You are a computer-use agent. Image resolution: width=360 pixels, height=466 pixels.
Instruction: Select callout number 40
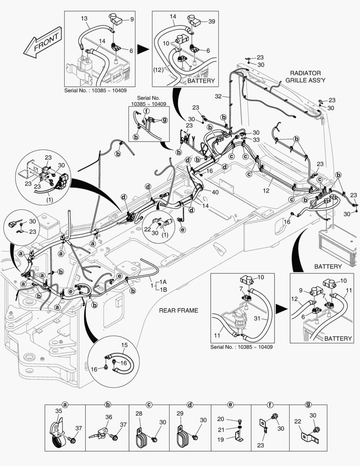tap(214, 192)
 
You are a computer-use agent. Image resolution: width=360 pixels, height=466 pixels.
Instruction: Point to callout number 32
tap(218, 96)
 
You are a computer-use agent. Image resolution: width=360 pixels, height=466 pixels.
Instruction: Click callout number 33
tap(256, 140)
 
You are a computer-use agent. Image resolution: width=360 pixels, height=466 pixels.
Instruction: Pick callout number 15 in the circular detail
tap(124, 345)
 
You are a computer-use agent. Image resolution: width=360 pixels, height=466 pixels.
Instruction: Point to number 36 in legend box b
tap(108, 417)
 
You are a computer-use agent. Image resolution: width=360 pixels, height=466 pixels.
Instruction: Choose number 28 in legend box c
tap(139, 414)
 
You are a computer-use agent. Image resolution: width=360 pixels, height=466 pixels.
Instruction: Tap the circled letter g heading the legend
tap(308, 405)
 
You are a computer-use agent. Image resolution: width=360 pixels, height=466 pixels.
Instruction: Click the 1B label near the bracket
tap(163, 290)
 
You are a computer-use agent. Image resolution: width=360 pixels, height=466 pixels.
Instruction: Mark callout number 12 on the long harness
tap(266, 190)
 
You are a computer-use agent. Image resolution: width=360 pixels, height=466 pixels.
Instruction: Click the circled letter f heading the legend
tap(270, 405)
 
